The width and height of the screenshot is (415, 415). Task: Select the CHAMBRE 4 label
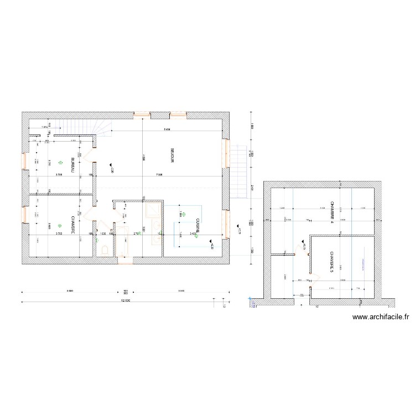pos(332,213)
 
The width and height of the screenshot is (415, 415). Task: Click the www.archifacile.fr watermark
pos(380,318)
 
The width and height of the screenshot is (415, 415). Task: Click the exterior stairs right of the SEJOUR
pos(237,172)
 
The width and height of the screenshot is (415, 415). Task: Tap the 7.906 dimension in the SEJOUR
pos(158,175)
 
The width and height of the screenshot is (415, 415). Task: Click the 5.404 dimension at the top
pos(167,129)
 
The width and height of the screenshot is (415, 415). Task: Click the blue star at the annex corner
pos(251,303)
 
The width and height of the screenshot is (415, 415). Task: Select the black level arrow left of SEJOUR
pos(110,165)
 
